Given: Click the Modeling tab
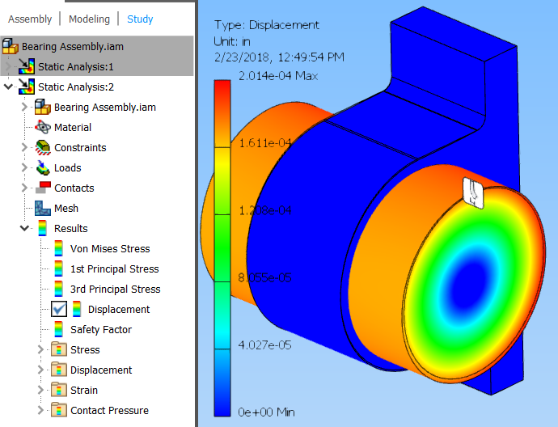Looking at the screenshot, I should click(x=89, y=19).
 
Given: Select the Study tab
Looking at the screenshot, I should click(x=140, y=19).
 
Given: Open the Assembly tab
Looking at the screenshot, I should click(x=30, y=19).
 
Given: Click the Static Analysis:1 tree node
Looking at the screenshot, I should click(x=76, y=66).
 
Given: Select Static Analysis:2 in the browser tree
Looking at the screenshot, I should click(x=76, y=87).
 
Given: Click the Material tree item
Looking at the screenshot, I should click(x=72, y=127).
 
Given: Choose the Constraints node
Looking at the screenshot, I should click(x=79, y=147).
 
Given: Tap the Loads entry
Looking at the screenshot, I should click(x=67, y=167).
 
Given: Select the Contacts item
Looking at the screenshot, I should click(x=74, y=188).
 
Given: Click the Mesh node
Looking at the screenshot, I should click(x=66, y=208).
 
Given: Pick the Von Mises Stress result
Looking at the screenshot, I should click(x=110, y=248).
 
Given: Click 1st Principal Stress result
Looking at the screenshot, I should click(x=114, y=268).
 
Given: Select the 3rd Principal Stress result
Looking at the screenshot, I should click(x=115, y=289).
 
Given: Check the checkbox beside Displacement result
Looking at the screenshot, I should click(x=59, y=309).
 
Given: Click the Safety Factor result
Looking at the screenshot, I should click(x=100, y=329).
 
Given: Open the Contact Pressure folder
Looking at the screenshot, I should click(x=109, y=410).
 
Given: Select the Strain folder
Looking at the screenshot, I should click(x=84, y=390).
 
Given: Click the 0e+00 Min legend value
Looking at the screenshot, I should click(x=265, y=412).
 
